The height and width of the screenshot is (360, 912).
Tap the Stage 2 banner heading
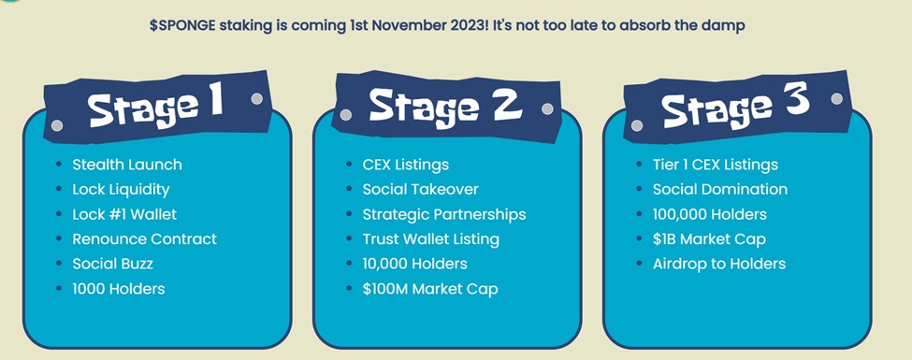pos(445,106)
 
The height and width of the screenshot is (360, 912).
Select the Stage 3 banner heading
pos(736,107)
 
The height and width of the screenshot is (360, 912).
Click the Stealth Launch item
pos(127,165)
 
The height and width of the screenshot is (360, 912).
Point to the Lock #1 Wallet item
pos(124,214)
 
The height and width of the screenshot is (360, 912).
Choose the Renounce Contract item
pos(144,239)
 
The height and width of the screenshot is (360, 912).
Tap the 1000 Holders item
pos(119,288)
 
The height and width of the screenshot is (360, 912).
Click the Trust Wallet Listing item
pos(431,239)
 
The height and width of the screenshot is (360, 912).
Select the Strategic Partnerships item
pos(444,215)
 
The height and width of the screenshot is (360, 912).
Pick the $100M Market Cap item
pos(430,289)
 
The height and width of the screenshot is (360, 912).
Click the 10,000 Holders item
pos(414,264)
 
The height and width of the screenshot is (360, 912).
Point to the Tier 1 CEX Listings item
pos(716,166)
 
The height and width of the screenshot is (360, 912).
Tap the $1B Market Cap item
pos(709,239)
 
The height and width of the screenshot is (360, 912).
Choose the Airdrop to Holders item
pos(719,264)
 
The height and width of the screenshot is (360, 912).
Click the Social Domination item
pos(720,190)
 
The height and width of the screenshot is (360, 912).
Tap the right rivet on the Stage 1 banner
pos(256,98)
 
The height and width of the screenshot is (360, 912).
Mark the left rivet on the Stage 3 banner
pos(637,125)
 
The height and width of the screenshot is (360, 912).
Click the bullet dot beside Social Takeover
pos(349,190)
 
